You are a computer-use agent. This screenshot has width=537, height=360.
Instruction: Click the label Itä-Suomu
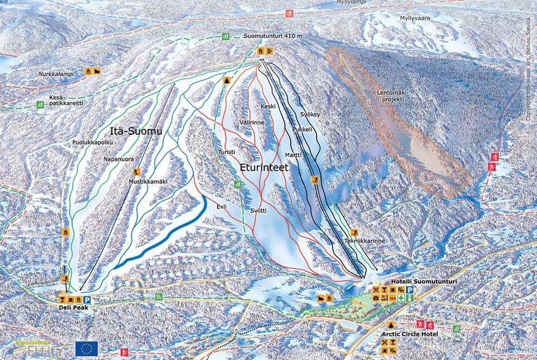click(136, 131)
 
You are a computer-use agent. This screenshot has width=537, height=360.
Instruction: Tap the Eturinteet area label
click(264, 168)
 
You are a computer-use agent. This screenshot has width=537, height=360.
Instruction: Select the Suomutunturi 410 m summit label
click(273, 36)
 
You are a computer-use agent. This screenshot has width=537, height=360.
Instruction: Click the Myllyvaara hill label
click(414, 18)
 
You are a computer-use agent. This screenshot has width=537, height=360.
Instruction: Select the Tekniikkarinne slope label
click(365, 241)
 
